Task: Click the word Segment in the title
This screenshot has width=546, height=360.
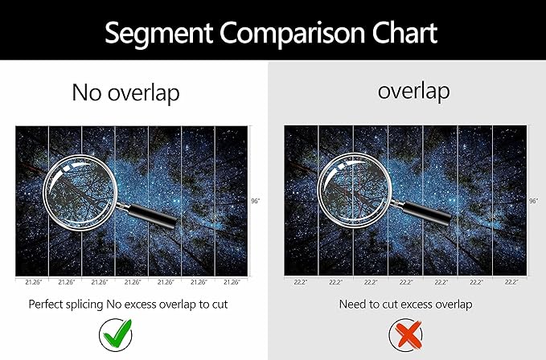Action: coord(158,34)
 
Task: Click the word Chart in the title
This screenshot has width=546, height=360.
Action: coord(404,32)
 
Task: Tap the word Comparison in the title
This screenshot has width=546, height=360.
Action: coord(293,34)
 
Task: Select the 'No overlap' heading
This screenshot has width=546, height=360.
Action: coord(125,93)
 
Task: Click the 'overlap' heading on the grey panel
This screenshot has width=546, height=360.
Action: coord(413,91)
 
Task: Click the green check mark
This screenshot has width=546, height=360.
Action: coord(116,335)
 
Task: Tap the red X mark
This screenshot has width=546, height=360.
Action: coord(405,335)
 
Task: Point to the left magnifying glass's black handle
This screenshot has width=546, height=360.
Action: coord(152,215)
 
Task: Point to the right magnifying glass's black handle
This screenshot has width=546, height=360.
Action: coord(426,212)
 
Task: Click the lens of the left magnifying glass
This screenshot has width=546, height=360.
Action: coord(80,192)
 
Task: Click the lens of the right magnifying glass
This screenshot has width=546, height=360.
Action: coord(355,190)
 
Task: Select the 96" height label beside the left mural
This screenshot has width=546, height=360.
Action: coord(256,201)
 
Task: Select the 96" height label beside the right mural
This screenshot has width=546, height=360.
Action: coord(533,201)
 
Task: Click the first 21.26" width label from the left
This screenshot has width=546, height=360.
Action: coord(34,282)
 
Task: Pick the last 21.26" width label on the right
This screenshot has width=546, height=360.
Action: coord(232,282)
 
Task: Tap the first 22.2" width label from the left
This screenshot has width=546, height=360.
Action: coord(301,282)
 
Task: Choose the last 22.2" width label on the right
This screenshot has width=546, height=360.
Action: coord(511,282)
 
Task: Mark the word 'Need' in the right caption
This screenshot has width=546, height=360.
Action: coord(349,305)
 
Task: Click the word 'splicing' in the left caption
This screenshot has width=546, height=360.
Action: coord(84,305)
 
